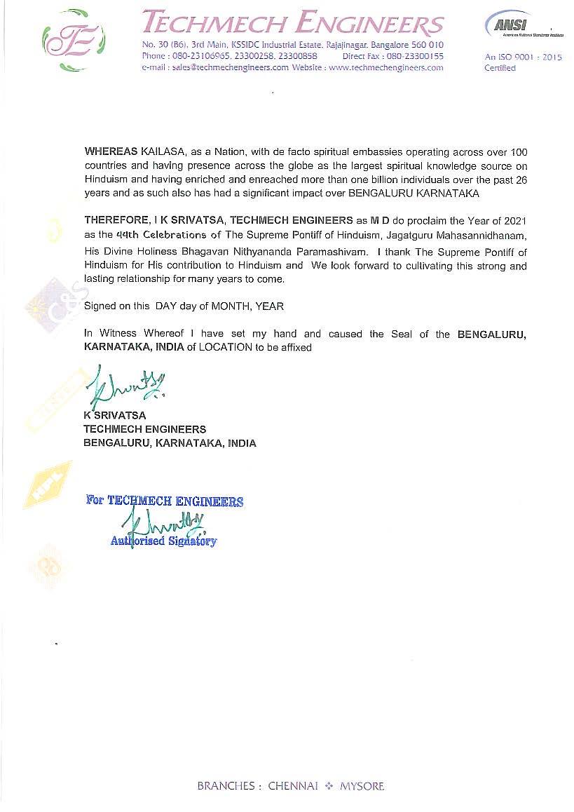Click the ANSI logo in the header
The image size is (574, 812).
click(x=507, y=26)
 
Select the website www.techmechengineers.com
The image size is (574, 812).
click(x=385, y=68)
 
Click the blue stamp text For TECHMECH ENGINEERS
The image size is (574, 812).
click(x=165, y=501)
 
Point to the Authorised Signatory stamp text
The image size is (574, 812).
click(x=163, y=541)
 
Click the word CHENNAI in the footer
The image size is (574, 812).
click(x=293, y=786)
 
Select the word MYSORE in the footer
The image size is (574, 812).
click(x=362, y=786)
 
